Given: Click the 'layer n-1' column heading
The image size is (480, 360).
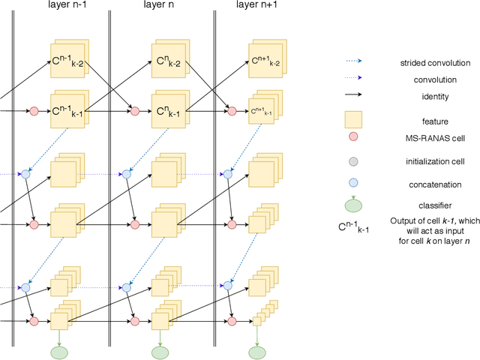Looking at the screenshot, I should [59, 6].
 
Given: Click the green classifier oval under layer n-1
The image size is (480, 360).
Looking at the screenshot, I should [58, 352].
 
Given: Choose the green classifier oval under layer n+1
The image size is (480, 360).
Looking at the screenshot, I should [257, 352].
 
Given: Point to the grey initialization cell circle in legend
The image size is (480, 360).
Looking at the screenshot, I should [352, 160].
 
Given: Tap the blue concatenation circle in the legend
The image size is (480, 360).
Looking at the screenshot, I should [352, 181].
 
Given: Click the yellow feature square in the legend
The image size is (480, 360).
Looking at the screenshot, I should [352, 118].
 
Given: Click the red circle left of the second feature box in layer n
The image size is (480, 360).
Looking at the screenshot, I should [135, 111].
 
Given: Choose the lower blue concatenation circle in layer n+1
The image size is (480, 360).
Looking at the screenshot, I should [224, 286].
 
